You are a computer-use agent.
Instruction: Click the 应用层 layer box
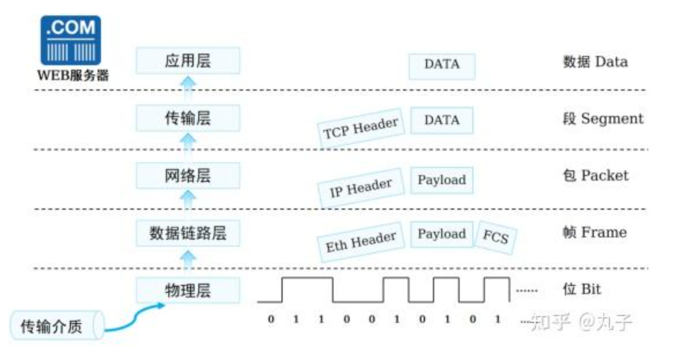tap(187, 61)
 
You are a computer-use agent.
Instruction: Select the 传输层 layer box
tap(187, 118)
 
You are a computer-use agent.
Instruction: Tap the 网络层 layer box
tap(187, 175)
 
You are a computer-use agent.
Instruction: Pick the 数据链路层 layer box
tap(187, 232)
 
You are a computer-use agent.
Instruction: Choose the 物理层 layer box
tap(187, 290)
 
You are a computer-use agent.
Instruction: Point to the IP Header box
tap(361, 186)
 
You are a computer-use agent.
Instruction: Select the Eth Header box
tap(361, 243)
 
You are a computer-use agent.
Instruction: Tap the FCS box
tap(496, 237)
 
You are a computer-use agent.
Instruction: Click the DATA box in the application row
tap(442, 65)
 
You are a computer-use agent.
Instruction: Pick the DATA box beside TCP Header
tap(442, 120)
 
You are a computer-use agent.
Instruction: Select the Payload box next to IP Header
tap(442, 180)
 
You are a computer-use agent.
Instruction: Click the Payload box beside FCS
tap(442, 234)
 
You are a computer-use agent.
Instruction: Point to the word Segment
tap(612, 119)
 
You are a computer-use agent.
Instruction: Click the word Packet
tap(605, 176)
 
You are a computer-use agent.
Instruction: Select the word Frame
tap(604, 233)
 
